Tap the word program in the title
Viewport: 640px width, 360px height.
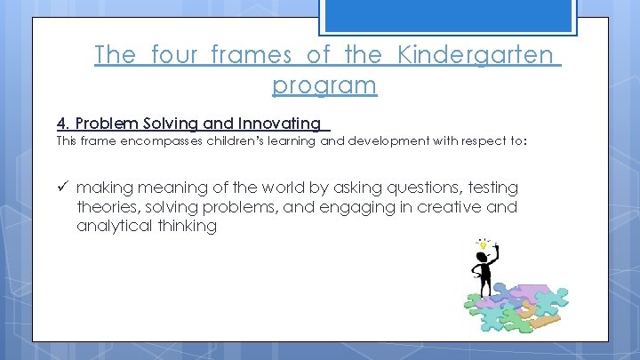click(x=324, y=85)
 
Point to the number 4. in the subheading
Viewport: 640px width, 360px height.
click(x=63, y=123)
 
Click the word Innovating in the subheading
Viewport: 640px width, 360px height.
click(x=280, y=124)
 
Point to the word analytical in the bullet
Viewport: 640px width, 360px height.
click(x=112, y=226)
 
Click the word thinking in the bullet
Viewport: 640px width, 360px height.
click(x=184, y=226)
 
